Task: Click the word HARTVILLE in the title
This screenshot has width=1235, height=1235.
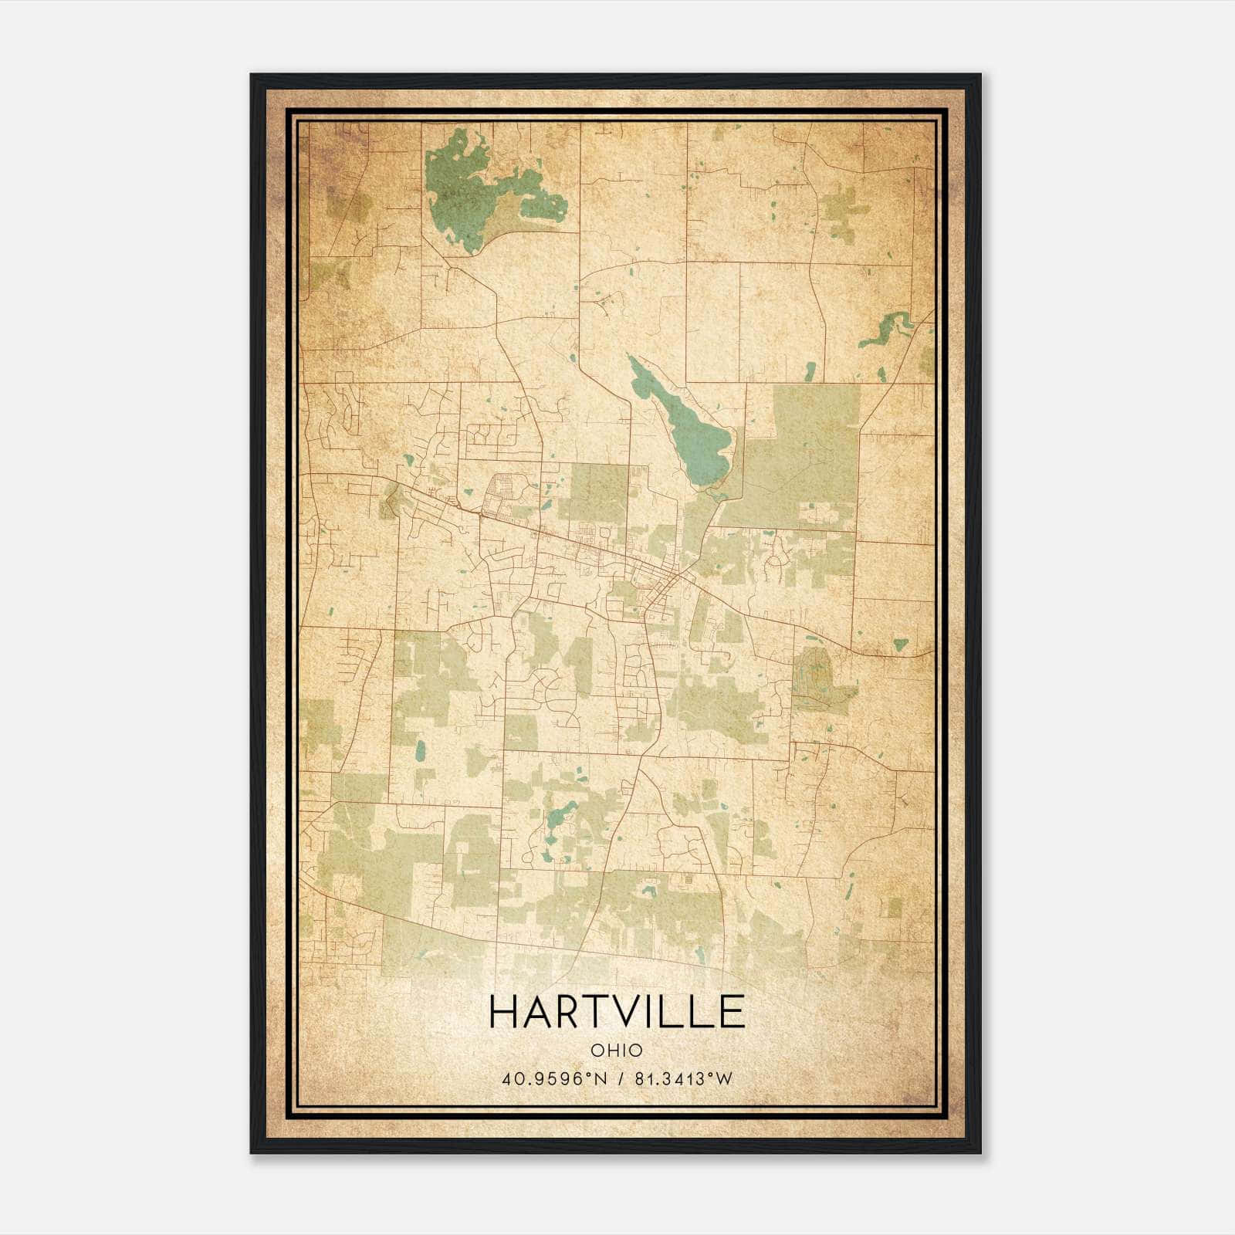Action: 617,1012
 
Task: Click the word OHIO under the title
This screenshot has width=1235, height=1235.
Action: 617,1051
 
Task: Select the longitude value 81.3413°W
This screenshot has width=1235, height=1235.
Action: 682,1078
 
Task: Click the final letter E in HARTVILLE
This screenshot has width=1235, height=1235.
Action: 733,1012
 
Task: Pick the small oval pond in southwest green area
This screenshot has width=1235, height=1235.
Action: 421,750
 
